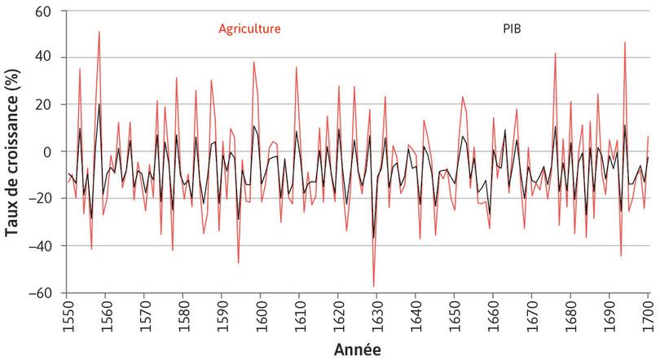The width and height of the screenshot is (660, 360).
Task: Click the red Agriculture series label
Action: tap(249, 29)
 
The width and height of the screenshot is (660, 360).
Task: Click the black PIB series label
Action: tap(510, 29)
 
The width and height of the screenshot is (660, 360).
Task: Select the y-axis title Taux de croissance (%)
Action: tap(12, 152)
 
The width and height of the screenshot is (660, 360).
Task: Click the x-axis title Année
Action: tap(357, 348)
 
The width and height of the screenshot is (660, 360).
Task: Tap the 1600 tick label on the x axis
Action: tap(261, 314)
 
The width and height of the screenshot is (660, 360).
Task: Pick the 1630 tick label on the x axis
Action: tap(377, 314)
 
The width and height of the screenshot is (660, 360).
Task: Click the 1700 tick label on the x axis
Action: tap(649, 314)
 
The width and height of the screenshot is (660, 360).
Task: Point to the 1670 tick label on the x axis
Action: tap(532, 314)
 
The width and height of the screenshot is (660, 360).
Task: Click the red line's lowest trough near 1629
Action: tap(374, 287)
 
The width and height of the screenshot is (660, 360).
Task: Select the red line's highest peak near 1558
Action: tap(99, 33)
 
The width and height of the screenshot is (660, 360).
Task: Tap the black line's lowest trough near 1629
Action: tap(374, 238)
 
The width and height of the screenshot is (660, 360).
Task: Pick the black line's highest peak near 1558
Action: tap(99, 104)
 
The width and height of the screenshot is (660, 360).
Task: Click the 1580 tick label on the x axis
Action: tap(183, 314)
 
